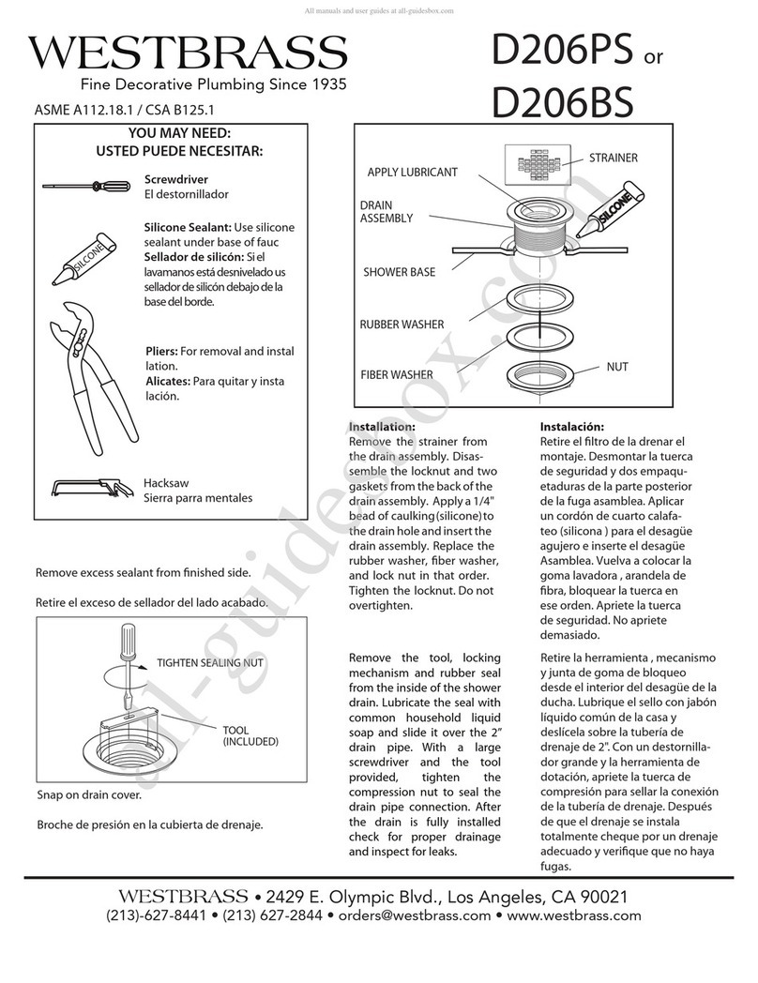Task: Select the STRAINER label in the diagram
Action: (x=613, y=158)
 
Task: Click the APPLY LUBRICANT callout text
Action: (x=413, y=173)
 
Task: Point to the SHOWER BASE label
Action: (x=399, y=273)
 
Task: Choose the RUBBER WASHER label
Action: (x=402, y=325)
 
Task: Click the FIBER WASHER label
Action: (x=397, y=375)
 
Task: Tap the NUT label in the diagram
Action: (x=616, y=367)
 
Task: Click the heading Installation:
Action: (x=382, y=427)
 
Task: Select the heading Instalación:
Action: (x=572, y=427)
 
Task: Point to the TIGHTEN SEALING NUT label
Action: (x=211, y=663)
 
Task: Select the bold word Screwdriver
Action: (x=175, y=178)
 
